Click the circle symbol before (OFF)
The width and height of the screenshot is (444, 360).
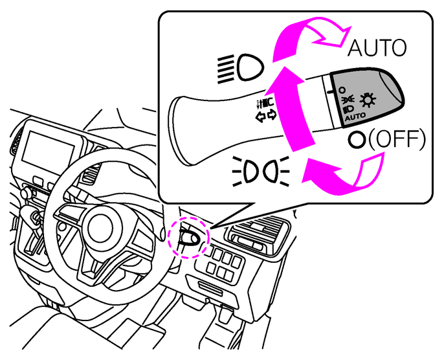coord(355,140)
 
